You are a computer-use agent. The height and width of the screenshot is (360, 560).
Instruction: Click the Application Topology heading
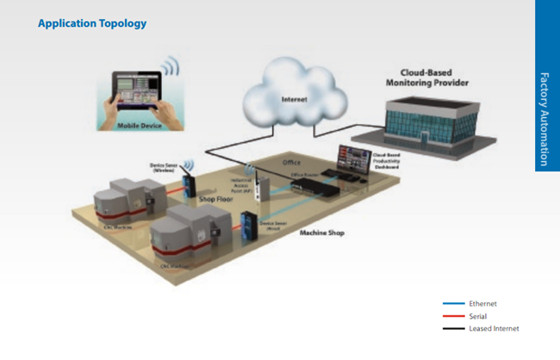pyautogui.click(x=92, y=23)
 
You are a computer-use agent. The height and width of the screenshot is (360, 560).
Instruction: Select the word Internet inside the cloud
pyautogui.click(x=294, y=99)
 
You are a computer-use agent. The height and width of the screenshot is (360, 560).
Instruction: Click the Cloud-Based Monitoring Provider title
pyautogui.click(x=428, y=79)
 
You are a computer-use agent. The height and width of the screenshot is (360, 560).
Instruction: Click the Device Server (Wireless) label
pyautogui.click(x=164, y=168)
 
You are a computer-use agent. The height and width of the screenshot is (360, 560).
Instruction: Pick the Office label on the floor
pyautogui.click(x=294, y=163)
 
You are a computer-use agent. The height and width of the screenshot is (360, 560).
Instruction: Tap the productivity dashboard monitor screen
pyautogui.click(x=353, y=158)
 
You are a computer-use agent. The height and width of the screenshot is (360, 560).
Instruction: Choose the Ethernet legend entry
pyautogui.click(x=482, y=304)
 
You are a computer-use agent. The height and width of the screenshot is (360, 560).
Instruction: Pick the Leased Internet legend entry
pyautogui.click(x=493, y=328)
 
